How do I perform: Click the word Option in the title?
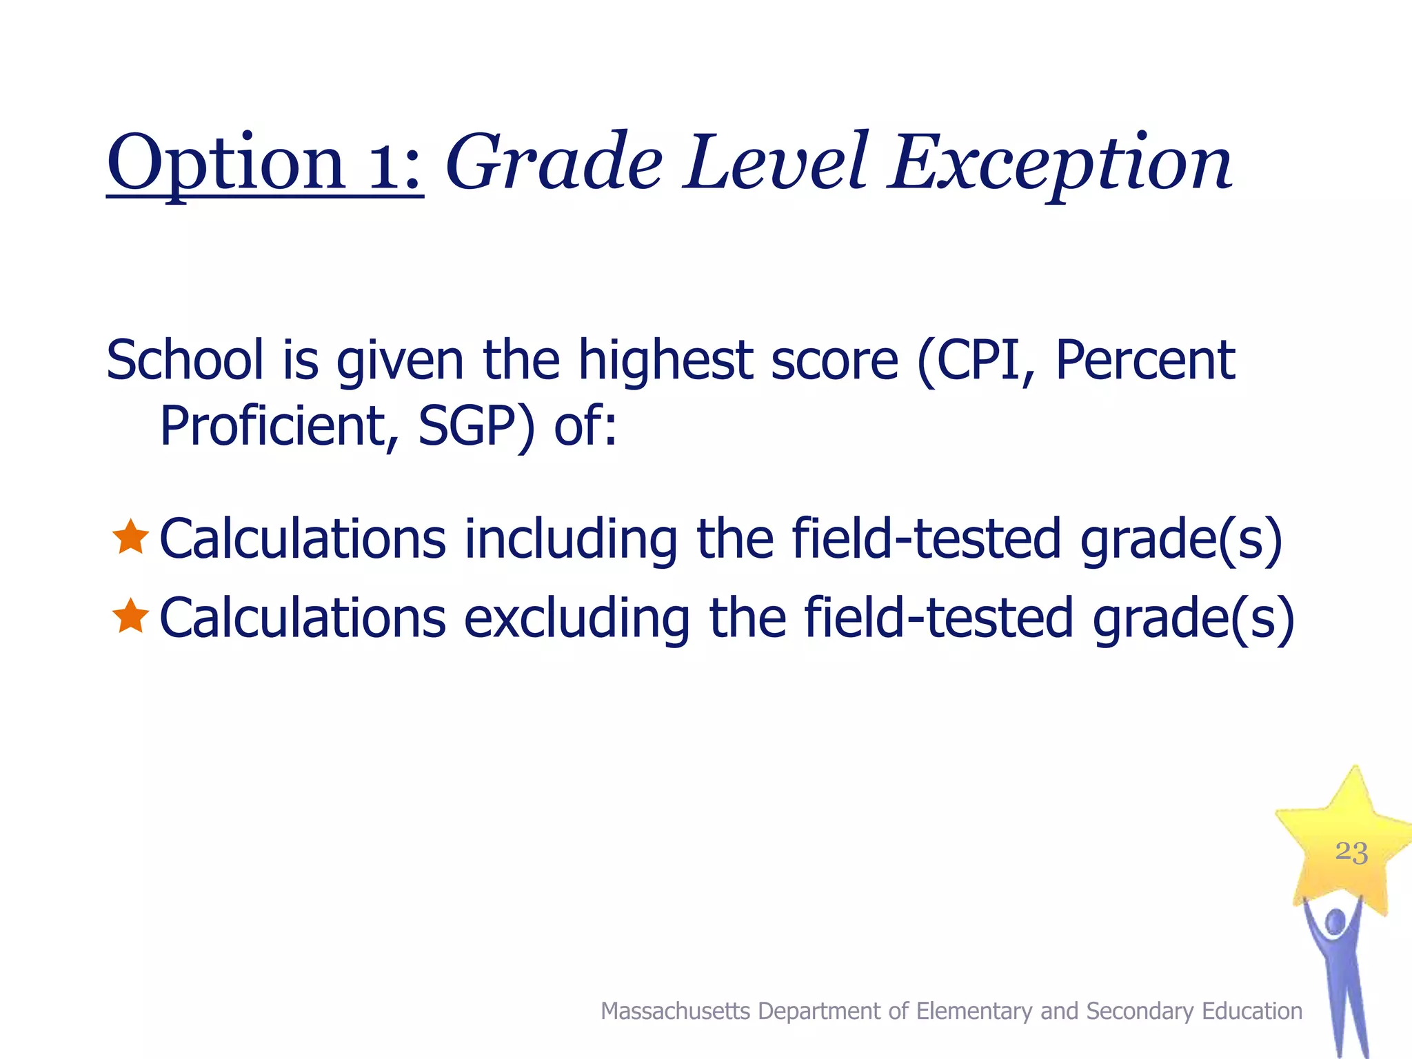(225, 164)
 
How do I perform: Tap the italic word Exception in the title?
(1060, 164)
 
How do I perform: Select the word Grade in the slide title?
(554, 164)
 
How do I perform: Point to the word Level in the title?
(776, 163)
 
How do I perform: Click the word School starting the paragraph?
(185, 360)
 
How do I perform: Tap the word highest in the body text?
(665, 361)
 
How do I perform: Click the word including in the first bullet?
(571, 540)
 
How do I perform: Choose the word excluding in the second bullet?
(576, 618)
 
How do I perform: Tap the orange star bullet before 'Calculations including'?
(130, 538)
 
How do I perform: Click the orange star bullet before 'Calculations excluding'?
(130, 616)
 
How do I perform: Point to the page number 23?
(1351, 852)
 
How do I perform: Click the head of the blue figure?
(1335, 922)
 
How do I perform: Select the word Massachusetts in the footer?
(675, 1011)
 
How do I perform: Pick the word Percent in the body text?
(1145, 360)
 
